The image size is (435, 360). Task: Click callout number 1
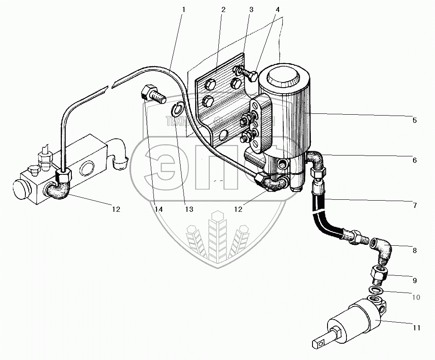click(x=183, y=9)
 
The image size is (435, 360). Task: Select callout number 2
click(x=223, y=9)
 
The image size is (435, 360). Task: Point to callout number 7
click(x=415, y=205)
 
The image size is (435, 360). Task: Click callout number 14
click(x=158, y=210)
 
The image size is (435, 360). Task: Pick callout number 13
click(x=187, y=210)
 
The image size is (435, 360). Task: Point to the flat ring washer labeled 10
click(x=376, y=291)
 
